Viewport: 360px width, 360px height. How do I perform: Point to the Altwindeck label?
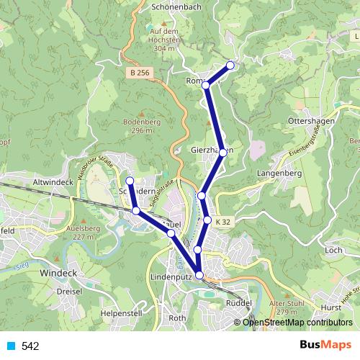pos(54,184)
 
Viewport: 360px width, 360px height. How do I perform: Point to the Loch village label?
pos(333,250)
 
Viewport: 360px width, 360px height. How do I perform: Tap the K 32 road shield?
pos(224,222)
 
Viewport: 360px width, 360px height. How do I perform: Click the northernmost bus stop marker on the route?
pos(230,66)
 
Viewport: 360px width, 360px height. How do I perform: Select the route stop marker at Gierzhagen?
pos(223,152)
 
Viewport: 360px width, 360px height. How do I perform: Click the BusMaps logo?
pos(325,346)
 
